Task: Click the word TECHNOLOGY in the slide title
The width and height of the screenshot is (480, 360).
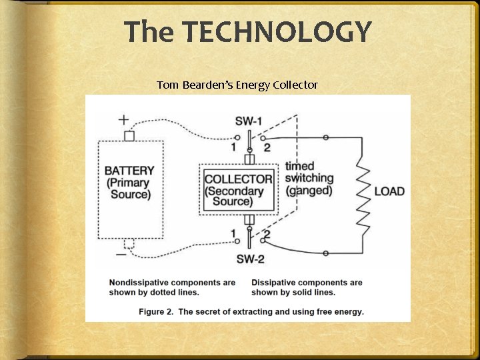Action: (276, 32)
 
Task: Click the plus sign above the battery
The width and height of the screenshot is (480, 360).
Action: (124, 120)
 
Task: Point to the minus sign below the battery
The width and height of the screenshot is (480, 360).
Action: (121, 254)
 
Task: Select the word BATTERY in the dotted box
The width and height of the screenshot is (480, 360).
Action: (129, 171)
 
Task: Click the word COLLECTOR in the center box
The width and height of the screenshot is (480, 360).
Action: (238, 179)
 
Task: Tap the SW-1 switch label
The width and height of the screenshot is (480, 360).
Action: (249, 121)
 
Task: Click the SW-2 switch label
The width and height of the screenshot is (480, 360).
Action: (249, 259)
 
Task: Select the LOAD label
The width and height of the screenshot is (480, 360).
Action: (389, 191)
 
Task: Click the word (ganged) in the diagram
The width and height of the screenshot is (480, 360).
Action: (308, 190)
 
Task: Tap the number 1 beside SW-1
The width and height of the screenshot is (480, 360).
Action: (233, 147)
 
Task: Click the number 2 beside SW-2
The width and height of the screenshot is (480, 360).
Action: (266, 234)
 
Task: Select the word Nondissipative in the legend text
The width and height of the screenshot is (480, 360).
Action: (139, 283)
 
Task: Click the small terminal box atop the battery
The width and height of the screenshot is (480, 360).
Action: (129, 135)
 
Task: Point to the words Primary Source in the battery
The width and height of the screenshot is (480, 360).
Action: (129, 189)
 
